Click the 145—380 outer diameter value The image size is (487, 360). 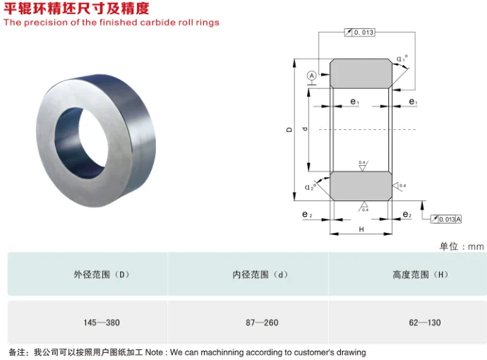(x=102, y=323)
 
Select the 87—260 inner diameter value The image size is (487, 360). (x=262, y=323)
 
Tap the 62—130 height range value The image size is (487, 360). (x=424, y=323)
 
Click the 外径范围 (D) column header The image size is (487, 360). (x=102, y=275)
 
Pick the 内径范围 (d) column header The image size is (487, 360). (x=262, y=275)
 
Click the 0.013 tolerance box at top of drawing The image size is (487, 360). (x=359, y=32)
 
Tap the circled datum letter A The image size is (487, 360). (x=312, y=75)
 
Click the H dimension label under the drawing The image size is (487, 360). (x=361, y=229)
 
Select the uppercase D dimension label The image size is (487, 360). (x=289, y=130)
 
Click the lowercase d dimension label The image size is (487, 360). (x=303, y=129)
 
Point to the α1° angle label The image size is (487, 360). (x=402, y=59)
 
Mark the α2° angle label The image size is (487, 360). (x=309, y=186)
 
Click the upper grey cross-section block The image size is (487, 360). (x=360, y=73)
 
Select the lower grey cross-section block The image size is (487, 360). (x=360, y=185)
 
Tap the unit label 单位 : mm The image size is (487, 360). (x=462, y=246)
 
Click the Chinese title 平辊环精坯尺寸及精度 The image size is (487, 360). (x=76, y=8)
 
